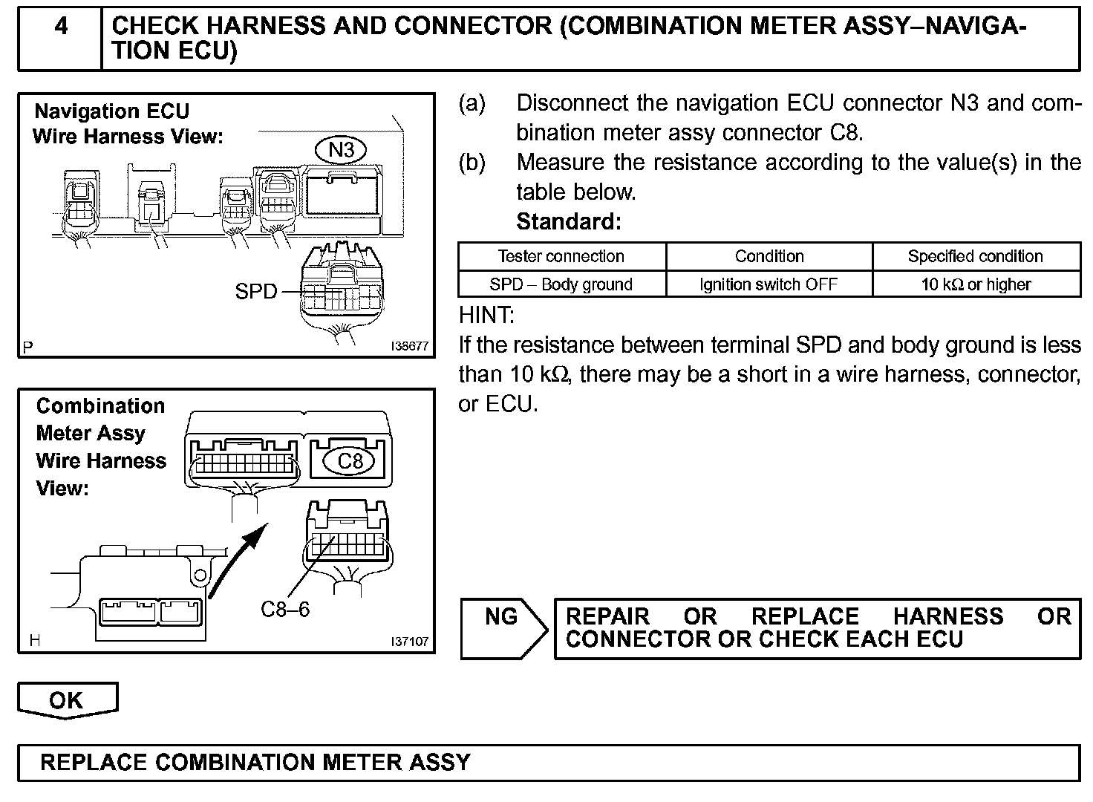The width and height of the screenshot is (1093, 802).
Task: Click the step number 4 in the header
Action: pos(61,27)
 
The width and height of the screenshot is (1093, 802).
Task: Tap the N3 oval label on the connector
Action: pos(341,150)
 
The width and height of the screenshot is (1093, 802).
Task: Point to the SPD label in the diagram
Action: pos(255,291)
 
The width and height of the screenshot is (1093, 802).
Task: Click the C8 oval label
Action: pos(350,461)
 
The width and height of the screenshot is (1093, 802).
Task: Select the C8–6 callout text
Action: pos(285,609)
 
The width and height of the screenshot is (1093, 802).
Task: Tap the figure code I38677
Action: pos(411,346)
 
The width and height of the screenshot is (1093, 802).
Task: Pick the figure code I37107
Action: pos(410,641)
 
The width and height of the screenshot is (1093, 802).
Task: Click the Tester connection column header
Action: pos(561,256)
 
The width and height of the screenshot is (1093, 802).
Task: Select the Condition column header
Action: pos(769,256)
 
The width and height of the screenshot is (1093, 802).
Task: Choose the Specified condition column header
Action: pos(975,256)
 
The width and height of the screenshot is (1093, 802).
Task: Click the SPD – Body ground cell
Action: pos(561,284)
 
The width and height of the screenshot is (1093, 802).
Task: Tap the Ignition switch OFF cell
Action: pos(769,284)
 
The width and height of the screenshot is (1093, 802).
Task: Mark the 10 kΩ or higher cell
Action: pos(976,284)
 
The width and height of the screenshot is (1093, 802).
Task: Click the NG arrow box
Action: pos(503,628)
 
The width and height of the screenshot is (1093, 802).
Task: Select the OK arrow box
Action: pos(67,700)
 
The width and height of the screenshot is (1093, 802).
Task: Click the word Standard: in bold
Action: pos(568,221)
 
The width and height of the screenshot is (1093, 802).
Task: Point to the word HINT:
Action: pos(486,316)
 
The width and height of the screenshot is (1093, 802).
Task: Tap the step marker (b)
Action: pos(472,163)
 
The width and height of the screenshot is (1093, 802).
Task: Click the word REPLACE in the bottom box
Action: pos(94,763)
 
